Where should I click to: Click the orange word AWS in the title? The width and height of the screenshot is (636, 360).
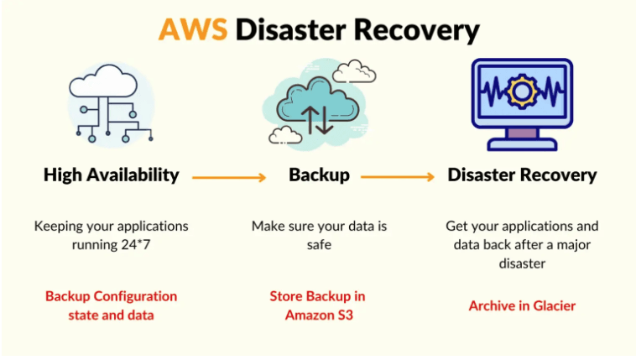point(194,29)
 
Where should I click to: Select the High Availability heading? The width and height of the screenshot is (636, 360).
point(111,175)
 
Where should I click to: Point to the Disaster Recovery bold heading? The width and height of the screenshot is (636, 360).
point(522,175)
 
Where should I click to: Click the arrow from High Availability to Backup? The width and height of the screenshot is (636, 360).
point(229,176)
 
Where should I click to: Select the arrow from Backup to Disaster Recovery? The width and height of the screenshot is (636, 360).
point(397,176)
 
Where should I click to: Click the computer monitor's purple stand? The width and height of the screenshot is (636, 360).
point(522,133)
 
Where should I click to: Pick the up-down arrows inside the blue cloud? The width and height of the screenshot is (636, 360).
point(319,117)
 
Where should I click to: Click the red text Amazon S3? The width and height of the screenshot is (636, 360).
point(318,316)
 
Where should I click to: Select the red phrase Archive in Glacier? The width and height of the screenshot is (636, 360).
point(522,305)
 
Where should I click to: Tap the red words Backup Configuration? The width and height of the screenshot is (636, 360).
point(112,296)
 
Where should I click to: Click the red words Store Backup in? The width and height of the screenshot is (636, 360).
point(317,296)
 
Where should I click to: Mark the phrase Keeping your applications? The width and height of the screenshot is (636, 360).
point(112,227)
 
